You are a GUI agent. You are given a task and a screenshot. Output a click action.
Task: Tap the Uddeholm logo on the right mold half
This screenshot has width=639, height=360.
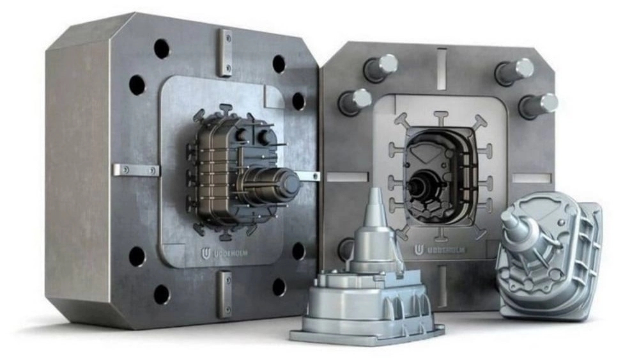click(440, 249)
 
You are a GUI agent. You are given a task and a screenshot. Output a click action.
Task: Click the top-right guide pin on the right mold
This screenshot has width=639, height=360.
click(514, 71)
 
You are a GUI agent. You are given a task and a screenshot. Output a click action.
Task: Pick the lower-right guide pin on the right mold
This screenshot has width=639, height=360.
click(538, 106)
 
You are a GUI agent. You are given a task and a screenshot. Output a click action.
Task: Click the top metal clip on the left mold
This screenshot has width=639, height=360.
click(226, 52)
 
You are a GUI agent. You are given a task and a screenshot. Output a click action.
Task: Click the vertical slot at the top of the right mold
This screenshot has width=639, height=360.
click(442, 68)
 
